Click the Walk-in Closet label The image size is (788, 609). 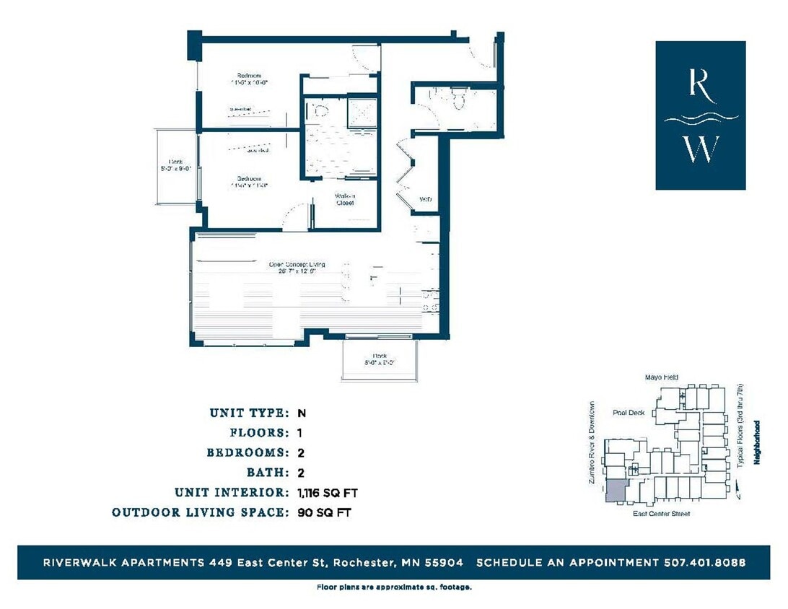pyautogui.click(x=344, y=199)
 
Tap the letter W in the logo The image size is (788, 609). pyautogui.click(x=701, y=149)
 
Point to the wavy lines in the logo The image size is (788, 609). pyautogui.click(x=701, y=118)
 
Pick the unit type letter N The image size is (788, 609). pyautogui.click(x=302, y=413)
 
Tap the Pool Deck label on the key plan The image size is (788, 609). pyautogui.click(x=628, y=413)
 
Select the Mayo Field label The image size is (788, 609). pyautogui.click(x=661, y=377)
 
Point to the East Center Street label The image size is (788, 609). pyautogui.click(x=661, y=514)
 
